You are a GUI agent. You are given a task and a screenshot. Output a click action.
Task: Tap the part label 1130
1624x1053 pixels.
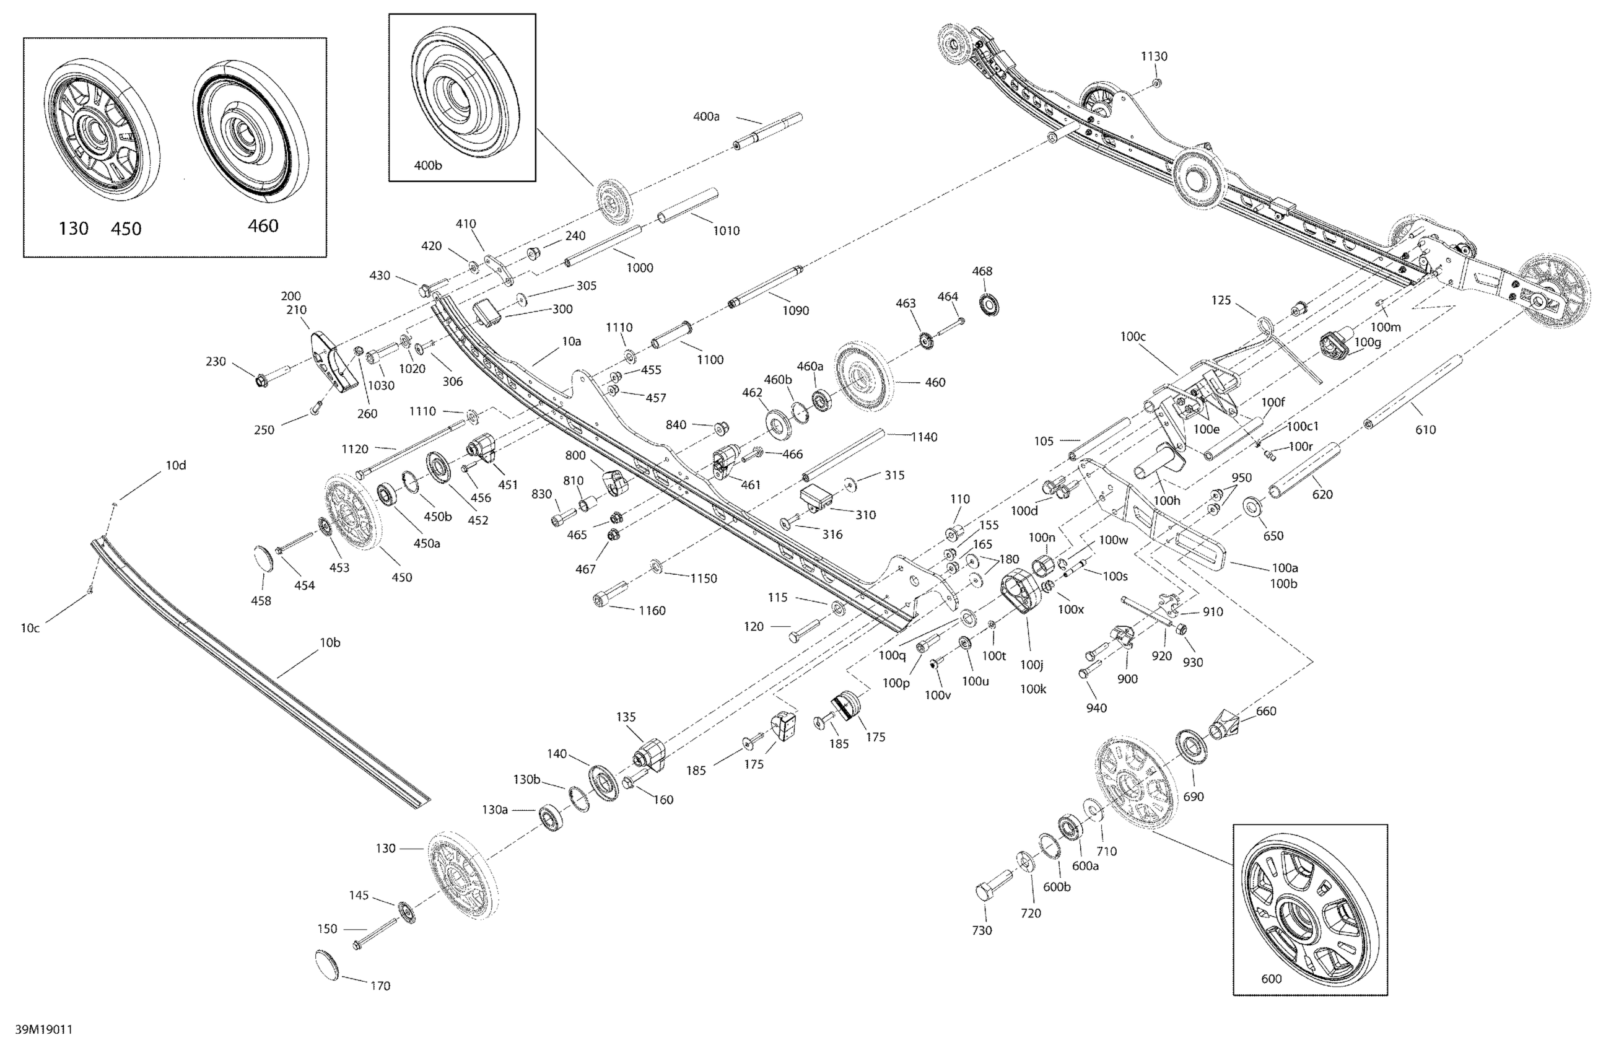click(x=1154, y=56)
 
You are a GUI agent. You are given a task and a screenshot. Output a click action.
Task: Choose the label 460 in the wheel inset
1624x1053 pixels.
click(x=263, y=226)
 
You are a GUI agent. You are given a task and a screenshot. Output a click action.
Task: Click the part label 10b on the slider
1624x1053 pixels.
click(x=330, y=642)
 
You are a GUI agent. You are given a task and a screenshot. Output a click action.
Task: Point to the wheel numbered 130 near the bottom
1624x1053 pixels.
click(x=461, y=874)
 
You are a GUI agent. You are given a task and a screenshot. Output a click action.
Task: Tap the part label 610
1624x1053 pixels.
click(x=1425, y=430)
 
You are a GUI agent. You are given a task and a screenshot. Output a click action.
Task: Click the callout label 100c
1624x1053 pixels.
click(x=1133, y=336)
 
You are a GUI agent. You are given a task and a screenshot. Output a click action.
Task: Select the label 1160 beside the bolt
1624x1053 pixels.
click(x=652, y=611)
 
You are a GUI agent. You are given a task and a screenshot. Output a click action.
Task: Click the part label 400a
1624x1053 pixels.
click(x=706, y=116)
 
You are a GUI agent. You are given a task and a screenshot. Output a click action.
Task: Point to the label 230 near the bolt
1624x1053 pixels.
click(x=216, y=362)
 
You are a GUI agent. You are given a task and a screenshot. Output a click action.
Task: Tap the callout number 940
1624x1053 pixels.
click(x=1096, y=709)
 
